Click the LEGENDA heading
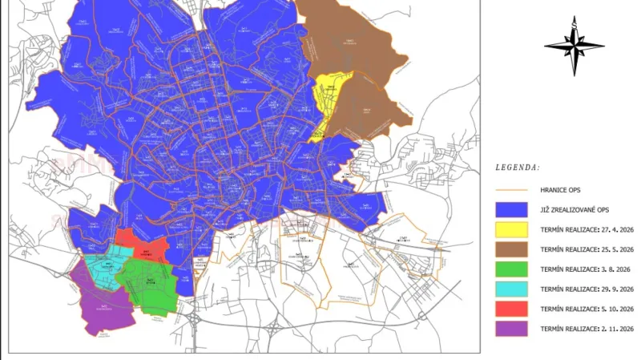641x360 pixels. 517,168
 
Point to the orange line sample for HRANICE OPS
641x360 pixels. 510,189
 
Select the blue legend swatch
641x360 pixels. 510,209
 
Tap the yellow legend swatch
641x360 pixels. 510,229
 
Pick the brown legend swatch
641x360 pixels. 510,249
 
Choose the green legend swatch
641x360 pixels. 510,269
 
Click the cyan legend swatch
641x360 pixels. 510,289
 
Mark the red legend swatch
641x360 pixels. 510,308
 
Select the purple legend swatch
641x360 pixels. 510,328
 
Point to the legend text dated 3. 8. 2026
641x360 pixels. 586,269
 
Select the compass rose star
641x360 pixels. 574,47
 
